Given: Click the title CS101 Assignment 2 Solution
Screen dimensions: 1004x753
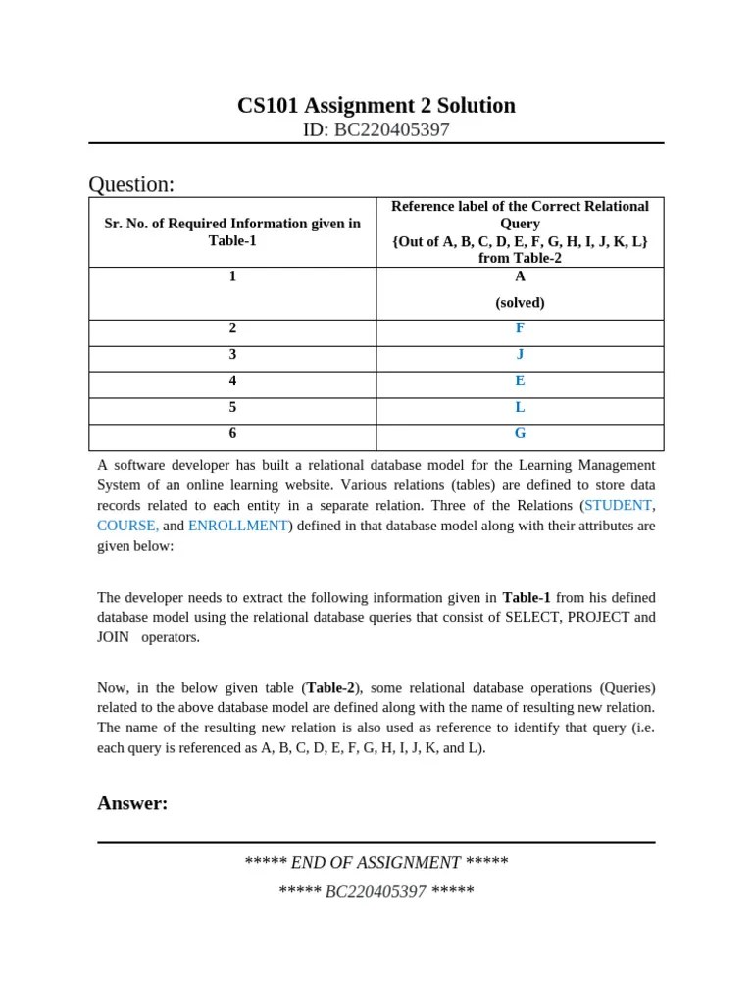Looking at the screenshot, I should click(376, 105).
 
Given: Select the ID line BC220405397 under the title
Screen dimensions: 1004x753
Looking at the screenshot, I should click(376, 129).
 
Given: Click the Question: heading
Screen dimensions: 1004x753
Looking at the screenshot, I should click(131, 184).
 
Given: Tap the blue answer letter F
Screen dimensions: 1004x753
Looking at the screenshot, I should click(520, 328).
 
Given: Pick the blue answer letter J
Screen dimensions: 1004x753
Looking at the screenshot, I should click(520, 354).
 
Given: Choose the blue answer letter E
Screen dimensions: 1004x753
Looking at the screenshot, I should click(520, 380).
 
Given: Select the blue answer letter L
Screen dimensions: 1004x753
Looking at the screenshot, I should click(520, 407).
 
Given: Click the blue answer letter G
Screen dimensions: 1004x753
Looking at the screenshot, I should click(520, 433).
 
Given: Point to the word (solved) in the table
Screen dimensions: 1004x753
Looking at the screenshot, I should click(520, 303).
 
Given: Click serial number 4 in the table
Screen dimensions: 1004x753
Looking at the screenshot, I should click(232, 380).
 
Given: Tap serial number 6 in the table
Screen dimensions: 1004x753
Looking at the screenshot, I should click(232, 433).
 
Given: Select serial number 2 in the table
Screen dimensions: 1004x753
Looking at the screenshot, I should click(232, 328).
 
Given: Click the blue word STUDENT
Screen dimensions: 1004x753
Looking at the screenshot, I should click(618, 506).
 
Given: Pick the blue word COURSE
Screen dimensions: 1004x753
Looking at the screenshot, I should click(126, 526).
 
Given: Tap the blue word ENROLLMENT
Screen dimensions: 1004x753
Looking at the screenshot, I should click(238, 526).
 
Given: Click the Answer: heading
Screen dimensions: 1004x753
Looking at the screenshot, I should click(132, 804).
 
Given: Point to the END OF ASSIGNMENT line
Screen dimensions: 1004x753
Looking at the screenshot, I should click(376, 863).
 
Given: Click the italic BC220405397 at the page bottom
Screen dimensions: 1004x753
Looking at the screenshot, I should click(376, 892).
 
